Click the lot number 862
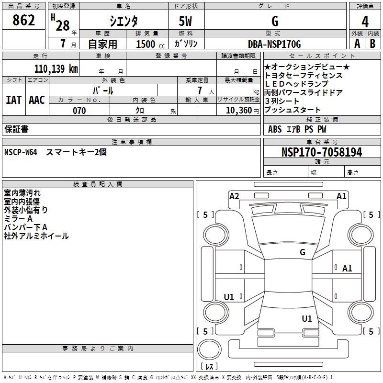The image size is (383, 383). (24, 21)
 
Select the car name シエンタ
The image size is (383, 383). (124, 22)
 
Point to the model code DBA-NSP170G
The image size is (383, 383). (275, 44)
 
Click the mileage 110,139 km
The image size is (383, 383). (56, 68)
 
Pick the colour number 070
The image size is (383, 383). (79, 111)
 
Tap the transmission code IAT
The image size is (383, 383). (13, 100)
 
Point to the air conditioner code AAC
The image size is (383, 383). (37, 100)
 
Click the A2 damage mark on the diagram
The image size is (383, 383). (234, 196)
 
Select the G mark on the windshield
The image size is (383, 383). (303, 252)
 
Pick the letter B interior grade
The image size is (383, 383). (372, 44)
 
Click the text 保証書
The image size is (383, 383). (16, 129)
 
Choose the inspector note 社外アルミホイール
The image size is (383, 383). (36, 236)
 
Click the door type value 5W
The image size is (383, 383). (186, 22)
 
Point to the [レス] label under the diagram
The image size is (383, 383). (209, 367)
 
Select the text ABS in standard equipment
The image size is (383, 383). (275, 129)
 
